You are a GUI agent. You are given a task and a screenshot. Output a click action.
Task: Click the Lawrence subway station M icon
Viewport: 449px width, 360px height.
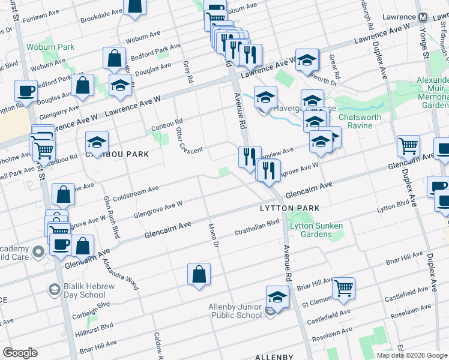[x=423, y=17]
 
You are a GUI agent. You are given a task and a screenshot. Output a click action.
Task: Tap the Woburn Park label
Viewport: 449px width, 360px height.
[x=50, y=47]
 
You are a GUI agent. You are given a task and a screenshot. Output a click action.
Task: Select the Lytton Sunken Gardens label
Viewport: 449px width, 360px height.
[x=316, y=230]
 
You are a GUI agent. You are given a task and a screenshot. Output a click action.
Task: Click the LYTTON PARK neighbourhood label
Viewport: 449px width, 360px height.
[x=284, y=208]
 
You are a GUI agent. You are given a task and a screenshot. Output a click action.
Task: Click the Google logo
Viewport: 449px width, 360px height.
[x=20, y=353]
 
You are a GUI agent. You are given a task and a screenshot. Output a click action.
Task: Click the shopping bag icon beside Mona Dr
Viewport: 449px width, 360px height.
[x=199, y=274]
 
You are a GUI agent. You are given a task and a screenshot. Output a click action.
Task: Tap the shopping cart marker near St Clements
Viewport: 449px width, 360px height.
[x=343, y=288]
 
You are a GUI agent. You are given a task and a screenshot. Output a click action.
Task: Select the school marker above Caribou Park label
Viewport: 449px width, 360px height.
[x=97, y=142]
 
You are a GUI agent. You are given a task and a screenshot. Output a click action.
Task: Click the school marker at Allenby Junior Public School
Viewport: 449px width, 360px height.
[x=277, y=297]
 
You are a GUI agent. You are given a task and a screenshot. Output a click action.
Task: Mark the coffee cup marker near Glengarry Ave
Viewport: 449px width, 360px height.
[x=26, y=91]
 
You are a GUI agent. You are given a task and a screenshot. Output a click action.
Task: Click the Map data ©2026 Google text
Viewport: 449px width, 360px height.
[x=411, y=355]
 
